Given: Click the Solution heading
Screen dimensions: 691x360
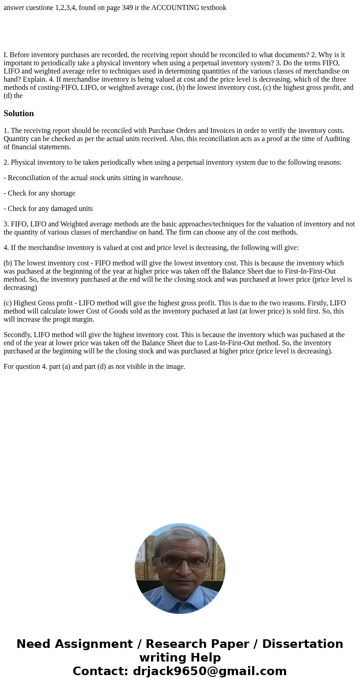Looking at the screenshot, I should (19, 113).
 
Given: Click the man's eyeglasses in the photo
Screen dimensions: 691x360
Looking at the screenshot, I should (180, 561).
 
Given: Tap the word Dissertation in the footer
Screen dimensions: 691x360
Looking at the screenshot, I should (302, 644).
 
